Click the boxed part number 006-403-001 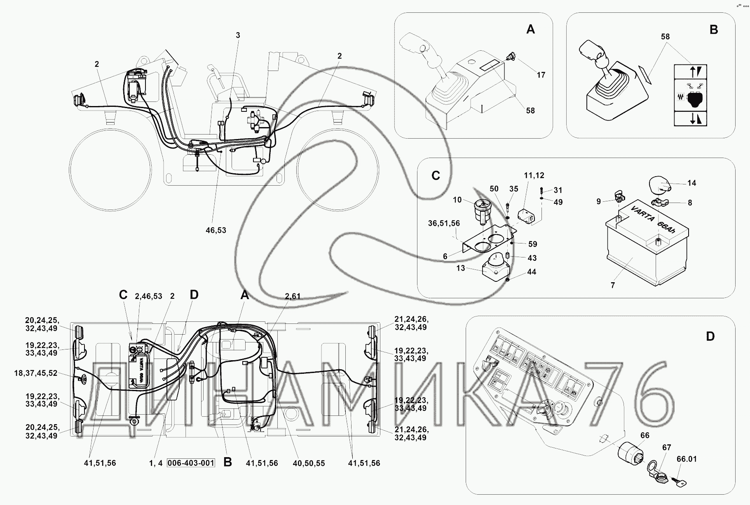[x=191, y=463]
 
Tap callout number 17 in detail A [x=541, y=75]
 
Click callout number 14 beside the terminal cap [x=691, y=183]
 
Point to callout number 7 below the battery [x=613, y=285]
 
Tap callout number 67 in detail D [x=666, y=448]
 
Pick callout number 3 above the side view [x=238, y=35]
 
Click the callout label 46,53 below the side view [x=216, y=230]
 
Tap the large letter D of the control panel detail [x=710, y=337]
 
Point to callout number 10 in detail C [x=457, y=200]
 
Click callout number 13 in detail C [x=460, y=268]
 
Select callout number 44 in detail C [x=532, y=272]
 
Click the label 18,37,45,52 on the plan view [x=36, y=373]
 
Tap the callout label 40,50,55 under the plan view [x=309, y=463]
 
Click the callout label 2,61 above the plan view [x=293, y=296]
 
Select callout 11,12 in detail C [x=534, y=175]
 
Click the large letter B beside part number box [x=227, y=463]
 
